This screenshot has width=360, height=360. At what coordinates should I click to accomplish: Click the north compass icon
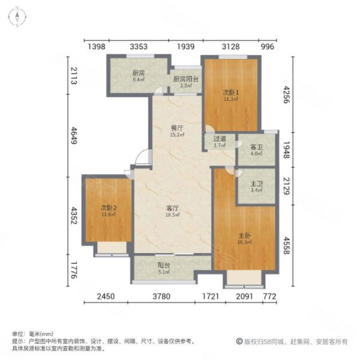point(19,19)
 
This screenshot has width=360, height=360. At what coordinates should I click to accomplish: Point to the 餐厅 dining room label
point(176,130)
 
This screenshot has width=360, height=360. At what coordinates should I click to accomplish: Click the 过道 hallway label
point(220,141)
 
